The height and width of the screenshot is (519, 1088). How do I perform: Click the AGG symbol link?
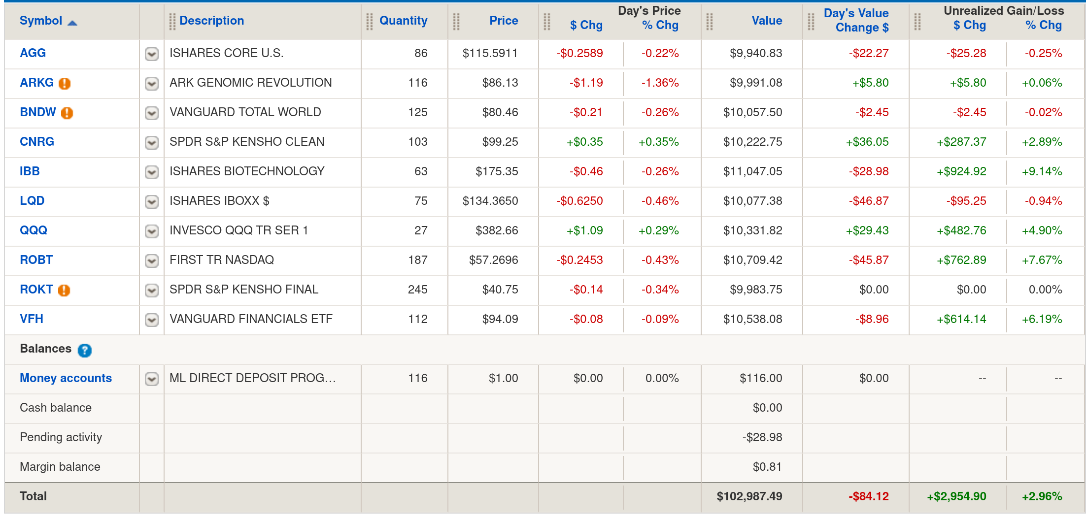[x=33, y=53]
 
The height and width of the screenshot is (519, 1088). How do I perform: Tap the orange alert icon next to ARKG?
[x=65, y=83]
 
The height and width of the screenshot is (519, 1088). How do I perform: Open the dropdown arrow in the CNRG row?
[x=152, y=142]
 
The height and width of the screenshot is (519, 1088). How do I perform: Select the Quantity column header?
[x=403, y=21]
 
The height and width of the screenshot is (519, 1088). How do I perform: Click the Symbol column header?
[x=41, y=21]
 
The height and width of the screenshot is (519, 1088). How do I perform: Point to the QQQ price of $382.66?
[x=496, y=230]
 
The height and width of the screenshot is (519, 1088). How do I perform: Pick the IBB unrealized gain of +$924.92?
[x=961, y=171]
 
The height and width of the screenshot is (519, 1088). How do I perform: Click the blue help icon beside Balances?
[x=85, y=350]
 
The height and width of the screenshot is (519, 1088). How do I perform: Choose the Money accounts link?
[x=66, y=378]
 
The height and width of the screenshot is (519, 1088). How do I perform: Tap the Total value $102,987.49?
[x=749, y=496]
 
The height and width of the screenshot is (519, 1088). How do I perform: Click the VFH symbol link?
[x=32, y=319]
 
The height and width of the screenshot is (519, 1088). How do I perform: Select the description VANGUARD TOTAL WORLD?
[x=245, y=112]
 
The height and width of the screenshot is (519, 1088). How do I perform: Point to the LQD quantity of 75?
[x=420, y=201]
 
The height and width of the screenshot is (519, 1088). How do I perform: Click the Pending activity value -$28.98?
[x=762, y=437]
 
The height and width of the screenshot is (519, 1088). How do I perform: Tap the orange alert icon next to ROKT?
[x=64, y=290]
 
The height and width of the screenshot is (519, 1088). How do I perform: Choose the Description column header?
[x=211, y=21]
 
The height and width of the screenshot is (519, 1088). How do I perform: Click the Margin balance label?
[x=60, y=467]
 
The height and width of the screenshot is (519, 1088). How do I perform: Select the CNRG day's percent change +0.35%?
[x=658, y=142]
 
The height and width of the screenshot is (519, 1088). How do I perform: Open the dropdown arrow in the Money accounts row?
[x=152, y=379]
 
